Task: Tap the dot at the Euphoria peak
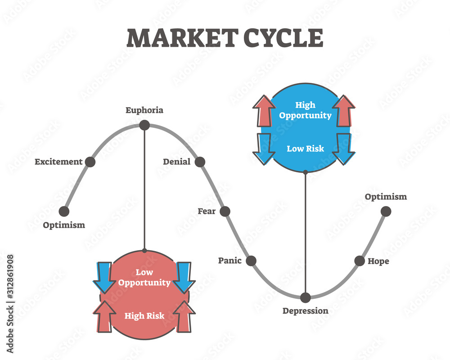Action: (144, 125)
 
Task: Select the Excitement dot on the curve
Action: (90, 162)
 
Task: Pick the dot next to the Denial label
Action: (200, 162)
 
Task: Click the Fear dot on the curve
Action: (225, 211)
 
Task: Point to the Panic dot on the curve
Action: (251, 261)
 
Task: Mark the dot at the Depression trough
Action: (306, 297)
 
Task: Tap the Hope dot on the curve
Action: (360, 261)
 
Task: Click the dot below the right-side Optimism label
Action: (386, 211)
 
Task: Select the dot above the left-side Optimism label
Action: (64, 211)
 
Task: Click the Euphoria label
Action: (144, 110)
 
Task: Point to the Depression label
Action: (306, 311)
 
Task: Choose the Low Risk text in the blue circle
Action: (306, 148)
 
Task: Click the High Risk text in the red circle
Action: (144, 316)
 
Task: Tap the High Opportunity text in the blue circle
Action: (306, 110)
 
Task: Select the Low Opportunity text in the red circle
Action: (144, 278)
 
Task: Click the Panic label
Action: (230, 261)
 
